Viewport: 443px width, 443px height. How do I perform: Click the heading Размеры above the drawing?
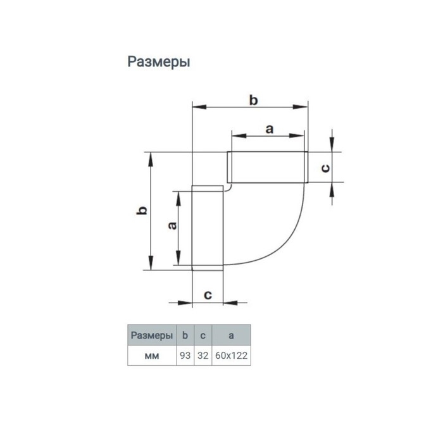pyautogui.click(x=159, y=62)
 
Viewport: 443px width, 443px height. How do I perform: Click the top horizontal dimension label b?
pyautogui.click(x=253, y=100)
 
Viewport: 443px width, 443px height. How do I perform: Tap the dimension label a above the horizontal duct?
pyautogui.click(x=270, y=129)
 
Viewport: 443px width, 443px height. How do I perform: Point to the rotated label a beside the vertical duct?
pyautogui.click(x=172, y=226)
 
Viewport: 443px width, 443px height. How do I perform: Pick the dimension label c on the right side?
pyautogui.click(x=325, y=168)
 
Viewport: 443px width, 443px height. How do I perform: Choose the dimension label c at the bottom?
pyautogui.click(x=208, y=295)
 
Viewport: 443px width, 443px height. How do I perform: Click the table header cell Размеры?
pyautogui.click(x=152, y=335)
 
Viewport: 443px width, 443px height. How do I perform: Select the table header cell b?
pyautogui.click(x=185, y=335)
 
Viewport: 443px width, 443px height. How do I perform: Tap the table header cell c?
pyautogui.click(x=203, y=335)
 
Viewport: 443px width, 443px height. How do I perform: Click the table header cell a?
pyautogui.click(x=231, y=335)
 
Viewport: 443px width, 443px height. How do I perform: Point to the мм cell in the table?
pyautogui.click(x=152, y=356)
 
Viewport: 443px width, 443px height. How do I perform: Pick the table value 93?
pyautogui.click(x=185, y=356)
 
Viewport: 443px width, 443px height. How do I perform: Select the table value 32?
pyautogui.click(x=203, y=356)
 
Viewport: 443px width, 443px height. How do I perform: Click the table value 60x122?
pyautogui.click(x=231, y=356)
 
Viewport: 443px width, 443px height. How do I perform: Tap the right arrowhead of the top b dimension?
pyautogui.click(x=301, y=107)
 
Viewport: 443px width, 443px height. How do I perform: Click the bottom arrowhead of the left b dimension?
pyautogui.click(x=151, y=263)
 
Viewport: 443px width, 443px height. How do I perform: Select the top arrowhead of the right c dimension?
pyautogui.click(x=332, y=144)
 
